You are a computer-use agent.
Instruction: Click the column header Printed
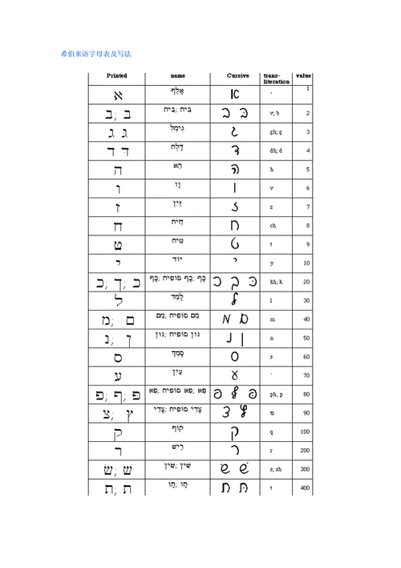pyautogui.click(x=117, y=76)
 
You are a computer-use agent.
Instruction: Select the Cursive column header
pyautogui.click(x=239, y=76)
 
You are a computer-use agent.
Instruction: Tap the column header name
pyautogui.click(x=177, y=76)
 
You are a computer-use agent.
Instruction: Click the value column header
pyautogui.click(x=304, y=76)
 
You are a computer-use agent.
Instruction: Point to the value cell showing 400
pyautogui.click(x=306, y=488)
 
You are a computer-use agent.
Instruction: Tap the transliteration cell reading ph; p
pyautogui.click(x=275, y=394)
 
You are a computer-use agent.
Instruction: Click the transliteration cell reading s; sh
pyautogui.click(x=275, y=469)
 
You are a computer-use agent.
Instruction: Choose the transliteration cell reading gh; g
pyautogui.click(x=275, y=132)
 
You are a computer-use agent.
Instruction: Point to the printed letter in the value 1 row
pyautogui.click(x=117, y=95)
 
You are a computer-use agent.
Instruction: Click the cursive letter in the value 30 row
pyautogui.click(x=234, y=300)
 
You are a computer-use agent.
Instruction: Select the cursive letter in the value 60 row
pyautogui.click(x=235, y=356)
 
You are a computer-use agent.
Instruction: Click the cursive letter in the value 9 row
pyautogui.click(x=234, y=244)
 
